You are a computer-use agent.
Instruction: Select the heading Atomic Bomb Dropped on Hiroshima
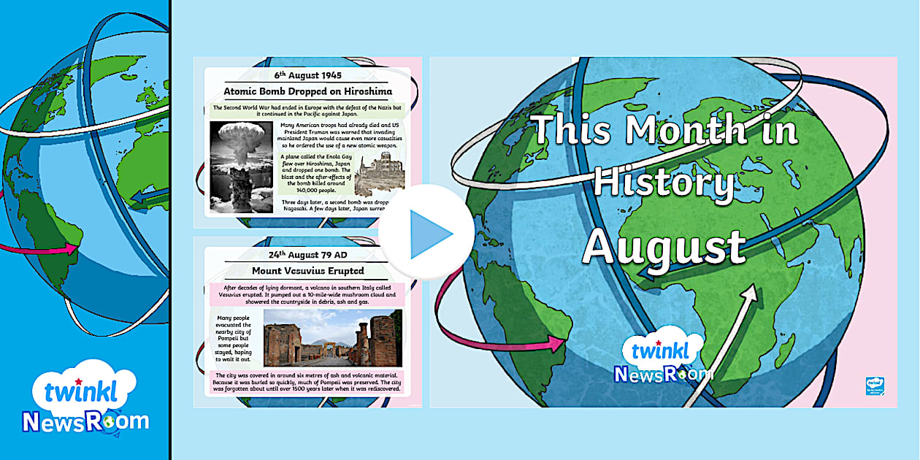coord(307,91)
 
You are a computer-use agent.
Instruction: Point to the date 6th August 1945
coord(307,74)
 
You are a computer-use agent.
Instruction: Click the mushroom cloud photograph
coord(242,166)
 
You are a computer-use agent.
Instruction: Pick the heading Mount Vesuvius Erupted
coord(307,271)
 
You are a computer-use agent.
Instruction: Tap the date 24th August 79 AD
coord(307,254)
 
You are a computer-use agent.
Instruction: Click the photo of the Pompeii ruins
coord(332,337)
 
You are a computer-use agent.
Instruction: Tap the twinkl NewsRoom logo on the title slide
coord(662,360)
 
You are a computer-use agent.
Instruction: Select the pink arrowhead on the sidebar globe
coord(70,248)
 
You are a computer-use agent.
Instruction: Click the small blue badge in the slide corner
coord(875,386)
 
